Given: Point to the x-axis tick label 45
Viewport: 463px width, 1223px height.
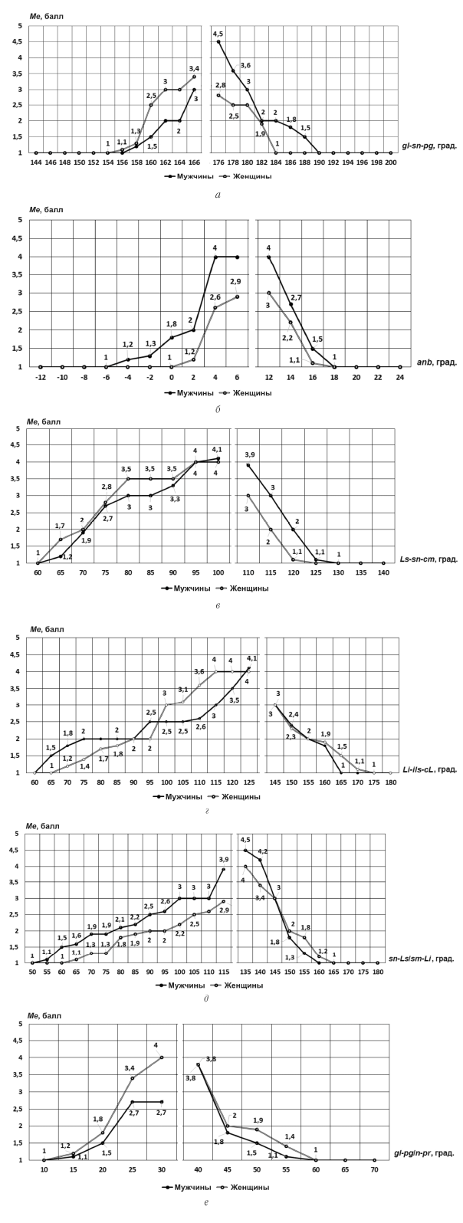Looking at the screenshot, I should point(227,1196).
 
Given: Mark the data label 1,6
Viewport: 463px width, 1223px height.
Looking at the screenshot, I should point(76,936).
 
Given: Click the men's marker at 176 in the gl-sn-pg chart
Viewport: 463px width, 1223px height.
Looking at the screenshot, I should point(218,41).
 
